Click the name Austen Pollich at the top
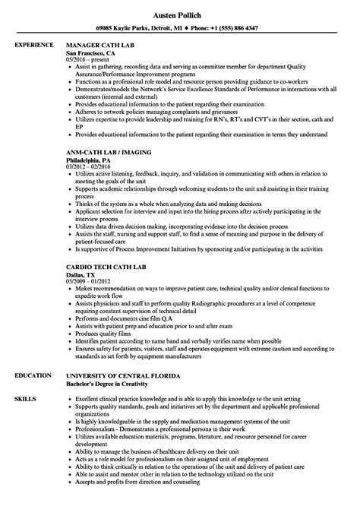click(x=179, y=14)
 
